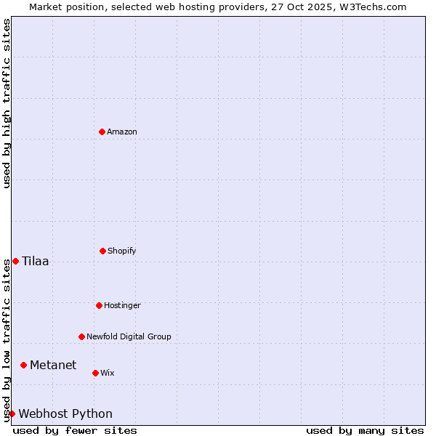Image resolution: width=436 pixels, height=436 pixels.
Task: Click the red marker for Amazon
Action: click(x=102, y=132)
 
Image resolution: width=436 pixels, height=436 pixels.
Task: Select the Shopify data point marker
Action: click(x=102, y=251)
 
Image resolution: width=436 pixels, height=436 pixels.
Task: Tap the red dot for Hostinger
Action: click(x=99, y=305)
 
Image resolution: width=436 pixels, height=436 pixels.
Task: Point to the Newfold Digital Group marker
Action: click(x=81, y=336)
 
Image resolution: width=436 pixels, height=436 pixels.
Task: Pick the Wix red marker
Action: click(x=95, y=373)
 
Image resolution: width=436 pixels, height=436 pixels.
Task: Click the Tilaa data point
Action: click(x=15, y=261)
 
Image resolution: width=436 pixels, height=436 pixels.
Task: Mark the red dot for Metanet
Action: click(x=23, y=365)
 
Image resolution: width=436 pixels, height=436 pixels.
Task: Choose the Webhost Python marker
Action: click(x=12, y=413)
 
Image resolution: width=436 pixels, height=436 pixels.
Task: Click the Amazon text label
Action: click(x=122, y=132)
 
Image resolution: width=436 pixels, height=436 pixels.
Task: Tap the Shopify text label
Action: click(x=122, y=251)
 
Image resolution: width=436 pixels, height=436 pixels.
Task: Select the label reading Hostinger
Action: click(x=122, y=305)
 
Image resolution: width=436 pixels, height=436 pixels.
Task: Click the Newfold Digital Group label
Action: click(x=129, y=336)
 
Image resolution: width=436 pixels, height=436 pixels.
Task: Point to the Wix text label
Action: click(x=108, y=373)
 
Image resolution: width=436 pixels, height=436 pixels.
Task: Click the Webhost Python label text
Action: click(x=65, y=413)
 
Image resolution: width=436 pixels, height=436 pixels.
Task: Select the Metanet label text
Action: click(x=53, y=365)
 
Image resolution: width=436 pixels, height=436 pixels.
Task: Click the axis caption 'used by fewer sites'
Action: click(x=75, y=430)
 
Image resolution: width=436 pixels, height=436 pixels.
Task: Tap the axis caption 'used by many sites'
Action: click(x=365, y=430)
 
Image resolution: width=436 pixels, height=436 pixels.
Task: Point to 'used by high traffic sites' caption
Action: click(x=7, y=103)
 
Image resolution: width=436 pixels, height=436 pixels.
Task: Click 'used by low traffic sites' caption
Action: click(x=7, y=340)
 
